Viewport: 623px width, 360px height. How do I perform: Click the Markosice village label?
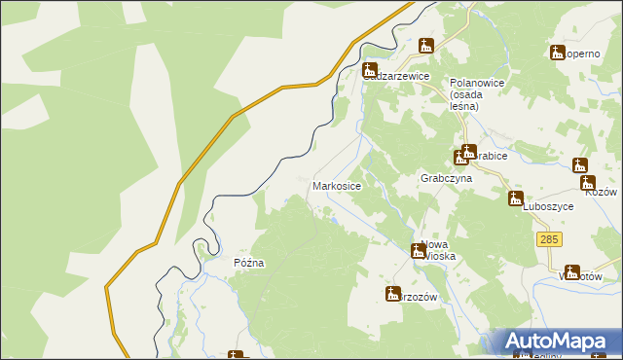tap(337, 185)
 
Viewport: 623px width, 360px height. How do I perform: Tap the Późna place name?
tap(249, 263)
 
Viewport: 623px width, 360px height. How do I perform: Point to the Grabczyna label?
tap(446, 179)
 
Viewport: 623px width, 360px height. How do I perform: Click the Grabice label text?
tap(490, 152)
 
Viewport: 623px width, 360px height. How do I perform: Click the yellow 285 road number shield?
tap(548, 239)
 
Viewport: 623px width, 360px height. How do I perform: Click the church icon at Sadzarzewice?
tap(370, 70)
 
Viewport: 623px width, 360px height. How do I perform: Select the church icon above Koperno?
tap(558, 53)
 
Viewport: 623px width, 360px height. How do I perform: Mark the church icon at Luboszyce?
tap(516, 198)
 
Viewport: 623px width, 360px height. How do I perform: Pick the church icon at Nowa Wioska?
tap(419, 250)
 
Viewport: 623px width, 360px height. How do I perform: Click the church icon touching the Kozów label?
tap(588, 182)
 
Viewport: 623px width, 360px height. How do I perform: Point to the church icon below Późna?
tap(236, 356)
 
